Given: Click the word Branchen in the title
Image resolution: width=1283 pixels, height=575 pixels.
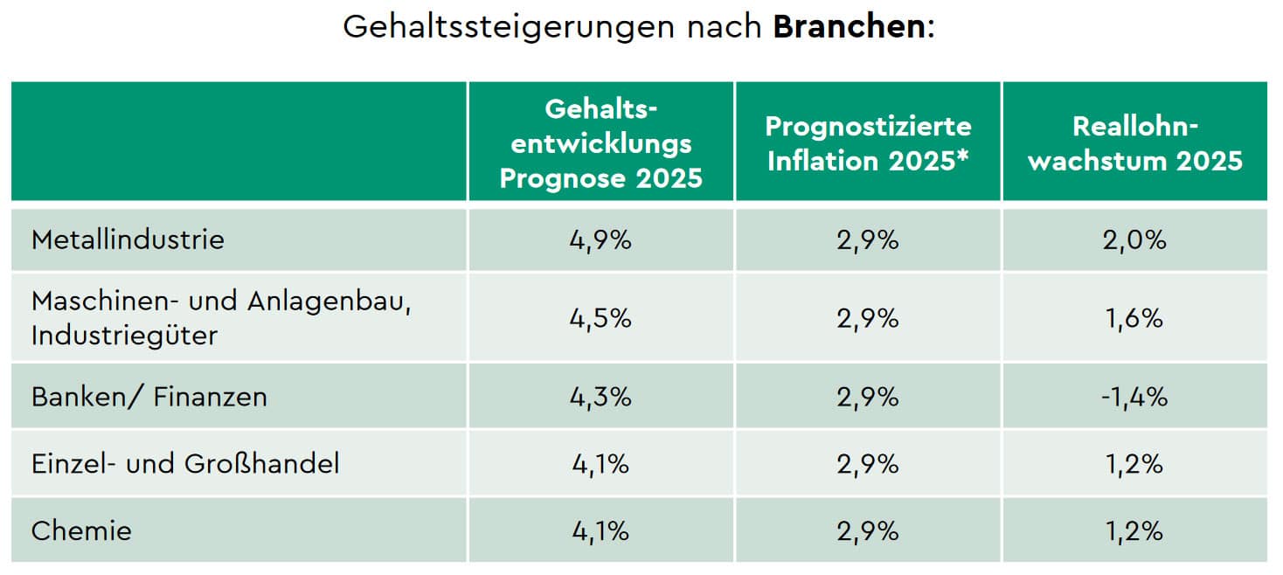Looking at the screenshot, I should click(x=848, y=26).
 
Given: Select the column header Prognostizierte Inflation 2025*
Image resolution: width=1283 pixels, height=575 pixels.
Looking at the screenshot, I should click(x=868, y=142).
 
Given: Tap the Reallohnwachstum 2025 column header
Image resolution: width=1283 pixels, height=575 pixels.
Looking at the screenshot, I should click(x=1134, y=142).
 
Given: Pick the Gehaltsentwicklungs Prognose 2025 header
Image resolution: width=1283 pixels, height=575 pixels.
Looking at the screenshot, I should click(x=600, y=142).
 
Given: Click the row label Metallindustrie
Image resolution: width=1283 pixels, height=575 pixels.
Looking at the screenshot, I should click(x=128, y=239).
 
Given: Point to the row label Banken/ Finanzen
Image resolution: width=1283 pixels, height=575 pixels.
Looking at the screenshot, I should click(x=149, y=397).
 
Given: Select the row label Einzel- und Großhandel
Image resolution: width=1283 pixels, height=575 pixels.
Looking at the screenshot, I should click(x=184, y=463).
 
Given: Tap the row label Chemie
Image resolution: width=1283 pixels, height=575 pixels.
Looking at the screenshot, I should click(x=81, y=530).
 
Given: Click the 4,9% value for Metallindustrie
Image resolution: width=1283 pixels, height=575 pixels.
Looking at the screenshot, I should click(x=600, y=239).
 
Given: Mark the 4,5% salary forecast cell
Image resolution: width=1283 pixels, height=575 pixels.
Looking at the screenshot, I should click(x=600, y=318).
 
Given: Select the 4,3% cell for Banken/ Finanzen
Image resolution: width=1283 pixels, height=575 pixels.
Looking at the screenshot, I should click(x=600, y=397).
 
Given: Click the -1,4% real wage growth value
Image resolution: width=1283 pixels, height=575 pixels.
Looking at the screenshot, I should click(x=1134, y=397).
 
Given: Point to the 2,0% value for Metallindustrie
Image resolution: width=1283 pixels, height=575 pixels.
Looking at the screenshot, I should click(x=1134, y=239).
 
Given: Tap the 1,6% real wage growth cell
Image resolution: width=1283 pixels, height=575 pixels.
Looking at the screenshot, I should click(x=1134, y=318).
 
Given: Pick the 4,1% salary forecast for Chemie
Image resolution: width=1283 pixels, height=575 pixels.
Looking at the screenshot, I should click(x=600, y=530).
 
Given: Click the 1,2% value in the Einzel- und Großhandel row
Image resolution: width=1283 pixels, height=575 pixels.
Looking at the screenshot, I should click(x=1134, y=463).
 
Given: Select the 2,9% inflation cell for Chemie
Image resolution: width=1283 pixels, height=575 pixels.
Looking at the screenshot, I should click(x=868, y=530).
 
